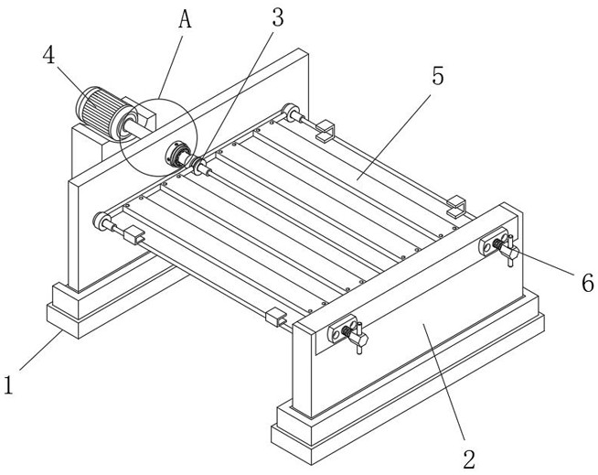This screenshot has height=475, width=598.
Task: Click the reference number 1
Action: [9, 384]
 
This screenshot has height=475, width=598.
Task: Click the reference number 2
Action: [469, 456]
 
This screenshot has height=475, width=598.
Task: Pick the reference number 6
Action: [586, 283]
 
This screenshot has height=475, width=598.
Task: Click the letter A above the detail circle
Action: [185, 19]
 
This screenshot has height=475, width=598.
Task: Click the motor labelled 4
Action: [99, 112]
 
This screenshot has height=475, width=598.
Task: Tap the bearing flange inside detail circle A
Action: [177, 154]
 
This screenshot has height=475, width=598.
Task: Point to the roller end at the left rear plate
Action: [100, 220]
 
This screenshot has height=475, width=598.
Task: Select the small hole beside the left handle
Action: [334, 336]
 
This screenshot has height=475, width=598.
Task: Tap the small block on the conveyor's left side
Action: [134, 234]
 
